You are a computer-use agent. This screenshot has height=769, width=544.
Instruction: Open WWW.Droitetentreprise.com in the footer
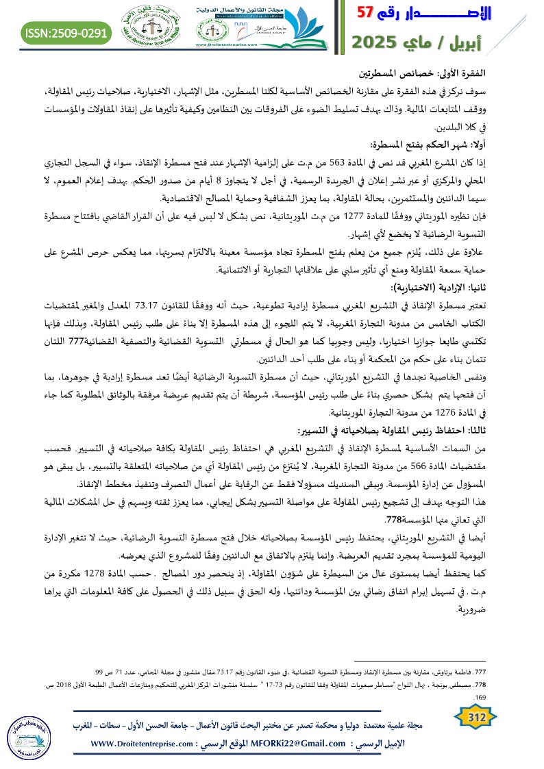145,744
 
